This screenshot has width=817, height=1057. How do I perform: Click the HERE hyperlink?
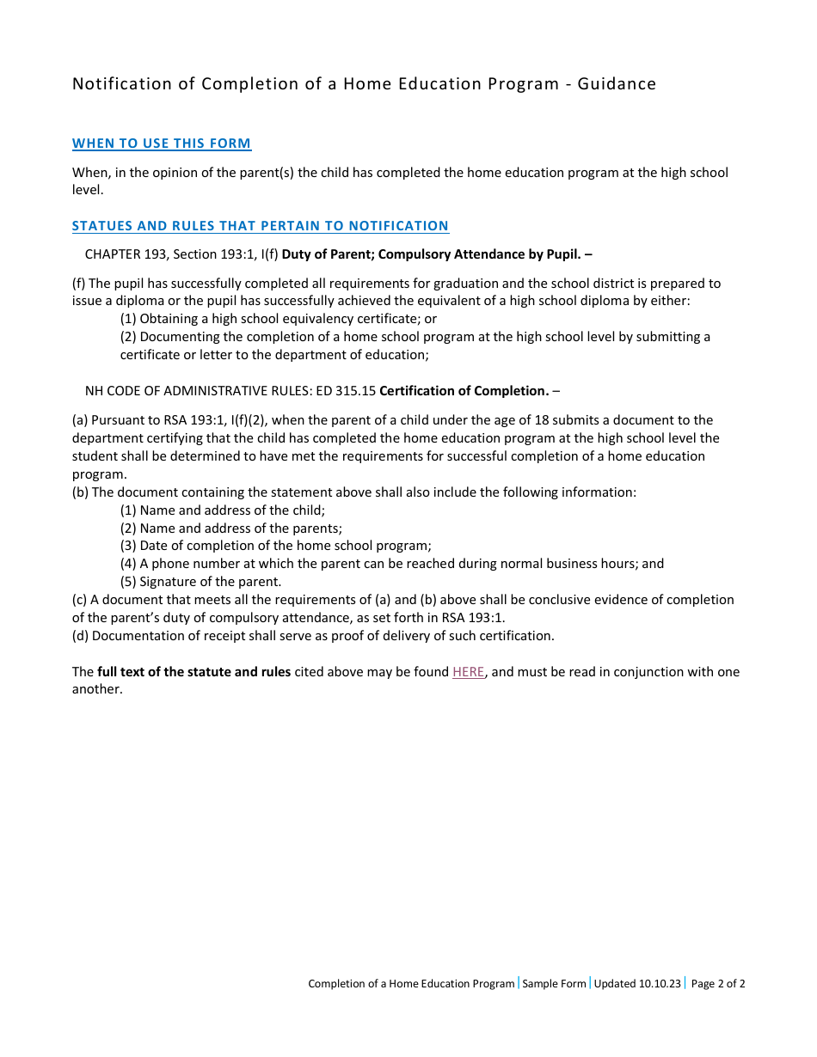click(468, 672)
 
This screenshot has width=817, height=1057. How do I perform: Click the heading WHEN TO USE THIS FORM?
click(162, 144)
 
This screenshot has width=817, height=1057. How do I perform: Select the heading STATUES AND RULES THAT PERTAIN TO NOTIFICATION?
click(260, 226)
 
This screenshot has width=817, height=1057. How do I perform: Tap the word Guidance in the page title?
click(617, 83)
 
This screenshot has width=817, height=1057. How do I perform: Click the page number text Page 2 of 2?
click(717, 984)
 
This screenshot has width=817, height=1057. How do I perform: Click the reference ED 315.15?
click(346, 391)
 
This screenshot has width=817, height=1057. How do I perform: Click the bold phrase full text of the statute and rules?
click(193, 672)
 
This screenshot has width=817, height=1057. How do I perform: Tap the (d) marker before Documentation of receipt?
click(80, 636)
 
